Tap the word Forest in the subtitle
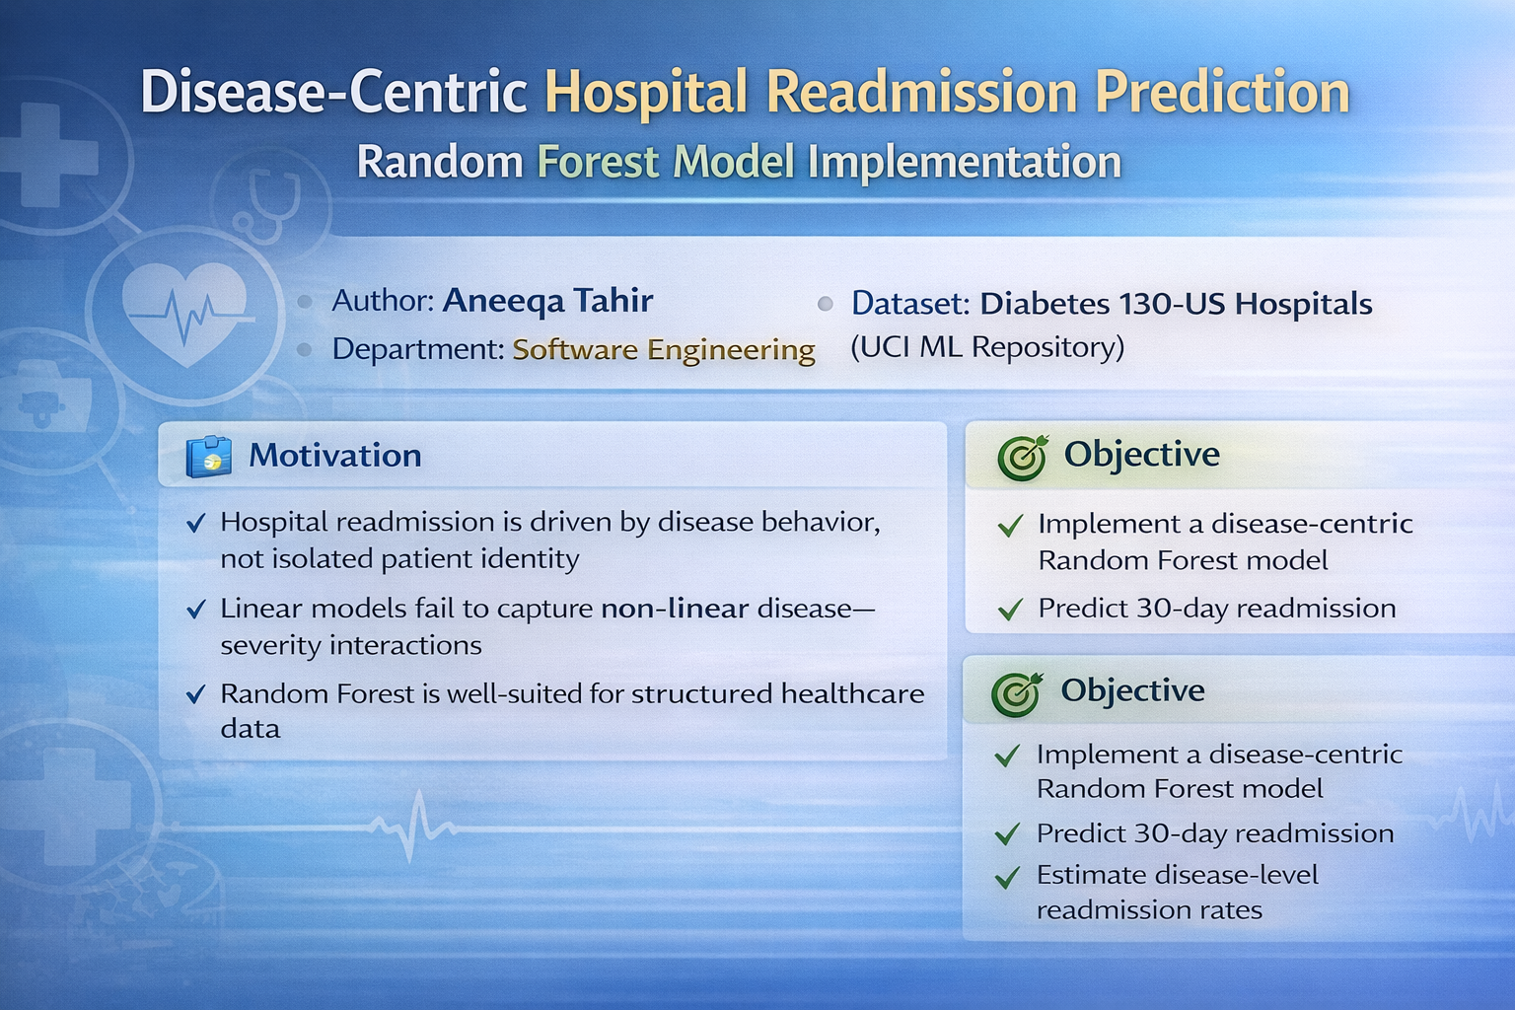coord(598,162)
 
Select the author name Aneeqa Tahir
coord(547,301)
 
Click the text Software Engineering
coord(664,350)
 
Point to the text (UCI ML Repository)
coord(986,347)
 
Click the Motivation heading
coord(334,456)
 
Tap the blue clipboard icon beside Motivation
coord(209,457)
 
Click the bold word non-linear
coord(675,609)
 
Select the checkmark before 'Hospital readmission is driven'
coord(195,523)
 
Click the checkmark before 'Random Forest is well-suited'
coord(195,694)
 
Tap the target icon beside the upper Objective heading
coord(1023,457)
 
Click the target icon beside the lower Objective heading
coord(1017,693)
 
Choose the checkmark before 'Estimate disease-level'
coord(1008,878)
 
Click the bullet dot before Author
coord(305,302)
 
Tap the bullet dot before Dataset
coord(826,304)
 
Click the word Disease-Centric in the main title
coord(333,92)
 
